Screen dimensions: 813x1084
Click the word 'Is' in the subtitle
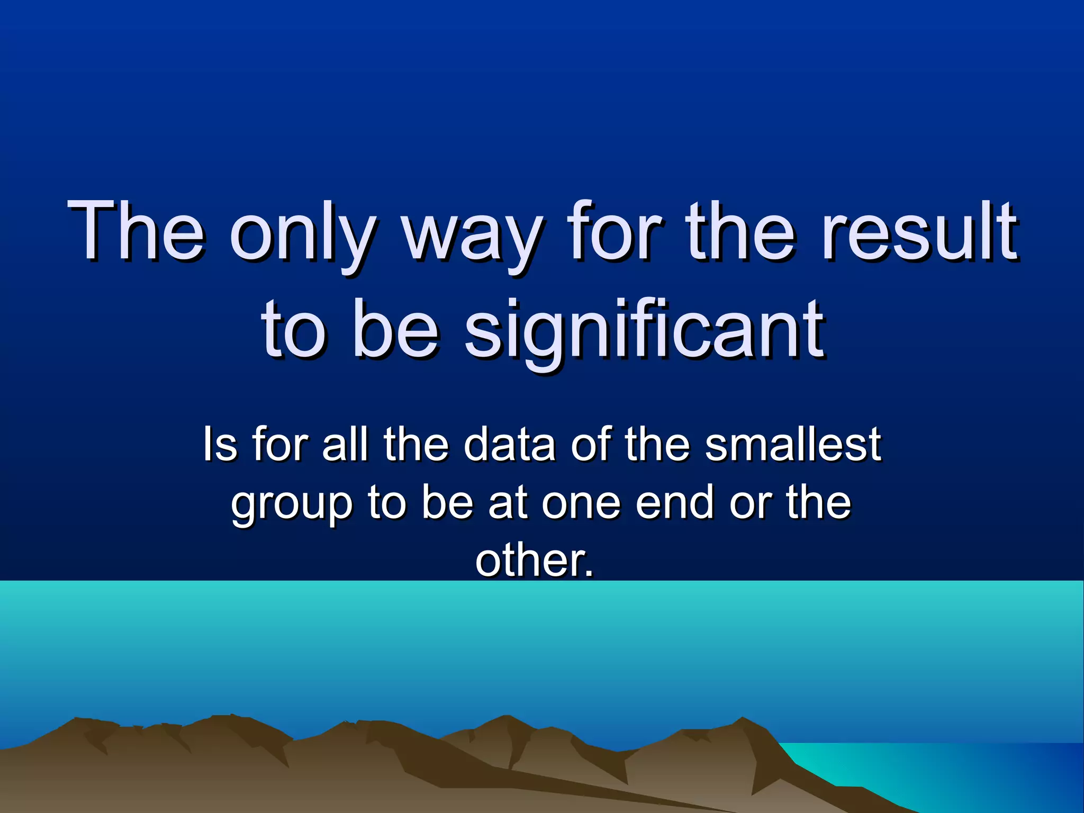point(220,444)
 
